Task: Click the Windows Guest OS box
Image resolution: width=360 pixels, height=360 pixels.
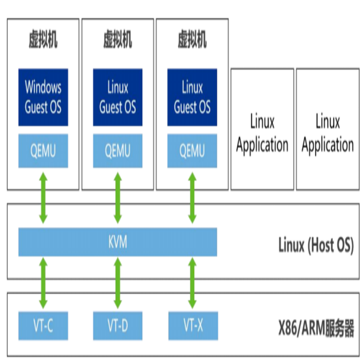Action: tap(43, 97)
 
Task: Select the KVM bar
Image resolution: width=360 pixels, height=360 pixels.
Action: tap(117, 242)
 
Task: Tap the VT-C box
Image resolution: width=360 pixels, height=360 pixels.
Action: tap(43, 325)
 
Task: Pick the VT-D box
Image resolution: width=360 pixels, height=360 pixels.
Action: tap(117, 325)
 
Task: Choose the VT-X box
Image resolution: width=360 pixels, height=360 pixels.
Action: tap(193, 325)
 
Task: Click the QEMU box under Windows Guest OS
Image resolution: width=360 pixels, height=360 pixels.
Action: tap(43, 151)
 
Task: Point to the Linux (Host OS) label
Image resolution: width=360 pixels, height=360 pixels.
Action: tap(316, 245)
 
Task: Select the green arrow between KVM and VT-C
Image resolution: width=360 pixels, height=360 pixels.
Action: tap(43, 283)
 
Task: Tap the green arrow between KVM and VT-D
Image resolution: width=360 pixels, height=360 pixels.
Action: tap(117, 283)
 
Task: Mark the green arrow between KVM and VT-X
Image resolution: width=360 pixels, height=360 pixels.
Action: tap(192, 283)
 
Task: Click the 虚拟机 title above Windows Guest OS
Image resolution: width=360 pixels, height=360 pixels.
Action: tap(43, 39)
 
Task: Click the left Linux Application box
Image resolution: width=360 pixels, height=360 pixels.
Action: tap(262, 129)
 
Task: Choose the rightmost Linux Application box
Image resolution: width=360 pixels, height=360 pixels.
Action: tap(328, 129)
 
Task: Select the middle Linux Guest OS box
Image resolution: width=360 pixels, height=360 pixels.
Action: tap(117, 97)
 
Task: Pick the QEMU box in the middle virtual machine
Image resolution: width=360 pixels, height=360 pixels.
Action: tap(117, 151)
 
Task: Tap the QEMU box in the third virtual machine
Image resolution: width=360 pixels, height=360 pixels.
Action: tap(192, 151)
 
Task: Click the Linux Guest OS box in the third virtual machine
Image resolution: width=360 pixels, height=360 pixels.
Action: tap(192, 97)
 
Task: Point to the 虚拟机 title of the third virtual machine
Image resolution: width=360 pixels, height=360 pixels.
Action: tap(192, 39)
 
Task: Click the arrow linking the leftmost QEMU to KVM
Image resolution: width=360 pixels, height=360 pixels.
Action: tap(43, 198)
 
